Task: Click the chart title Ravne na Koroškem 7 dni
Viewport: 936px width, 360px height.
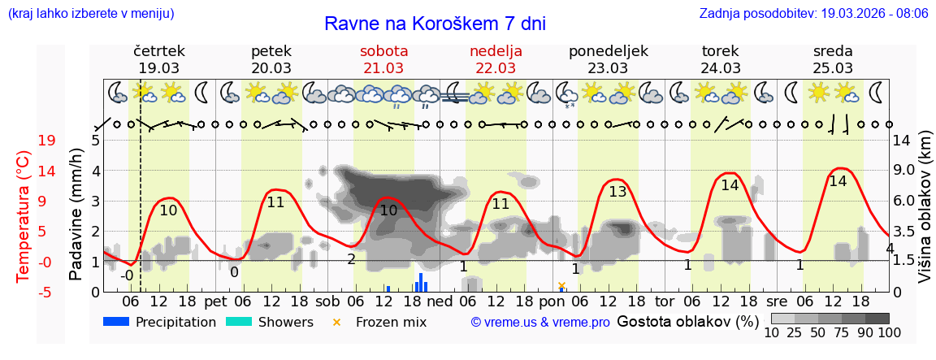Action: [435, 23]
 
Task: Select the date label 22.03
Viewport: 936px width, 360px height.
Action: [496, 68]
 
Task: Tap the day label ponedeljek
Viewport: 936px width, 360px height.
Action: [609, 51]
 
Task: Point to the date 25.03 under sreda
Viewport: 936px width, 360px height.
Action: [833, 68]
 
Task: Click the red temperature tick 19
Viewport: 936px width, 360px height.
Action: [46, 141]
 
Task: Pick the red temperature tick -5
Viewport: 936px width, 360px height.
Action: [46, 292]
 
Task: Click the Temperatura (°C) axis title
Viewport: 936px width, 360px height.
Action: [24, 215]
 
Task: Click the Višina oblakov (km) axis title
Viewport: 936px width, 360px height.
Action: [925, 215]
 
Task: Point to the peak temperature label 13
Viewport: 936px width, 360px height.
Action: [617, 192]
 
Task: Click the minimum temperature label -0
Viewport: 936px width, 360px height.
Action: [127, 275]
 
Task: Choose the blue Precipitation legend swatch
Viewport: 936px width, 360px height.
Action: [117, 322]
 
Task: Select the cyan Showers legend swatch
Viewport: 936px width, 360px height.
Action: [238, 322]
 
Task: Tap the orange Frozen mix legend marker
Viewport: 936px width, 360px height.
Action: [337, 323]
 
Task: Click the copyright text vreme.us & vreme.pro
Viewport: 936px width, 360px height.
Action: [540, 323]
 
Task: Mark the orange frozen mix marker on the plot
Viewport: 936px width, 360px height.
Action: [561, 285]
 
